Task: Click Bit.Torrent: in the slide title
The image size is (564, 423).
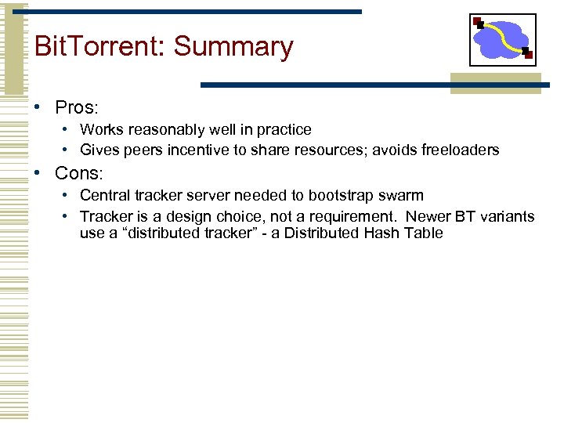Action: [x=100, y=47]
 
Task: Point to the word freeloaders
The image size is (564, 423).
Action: [x=460, y=150]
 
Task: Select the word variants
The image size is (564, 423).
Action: [x=508, y=216]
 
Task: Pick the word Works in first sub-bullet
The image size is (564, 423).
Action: [x=100, y=129]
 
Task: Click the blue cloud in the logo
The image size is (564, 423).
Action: [x=501, y=39]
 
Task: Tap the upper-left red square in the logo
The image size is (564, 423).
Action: [x=479, y=23]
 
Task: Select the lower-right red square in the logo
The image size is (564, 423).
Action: [x=528, y=55]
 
